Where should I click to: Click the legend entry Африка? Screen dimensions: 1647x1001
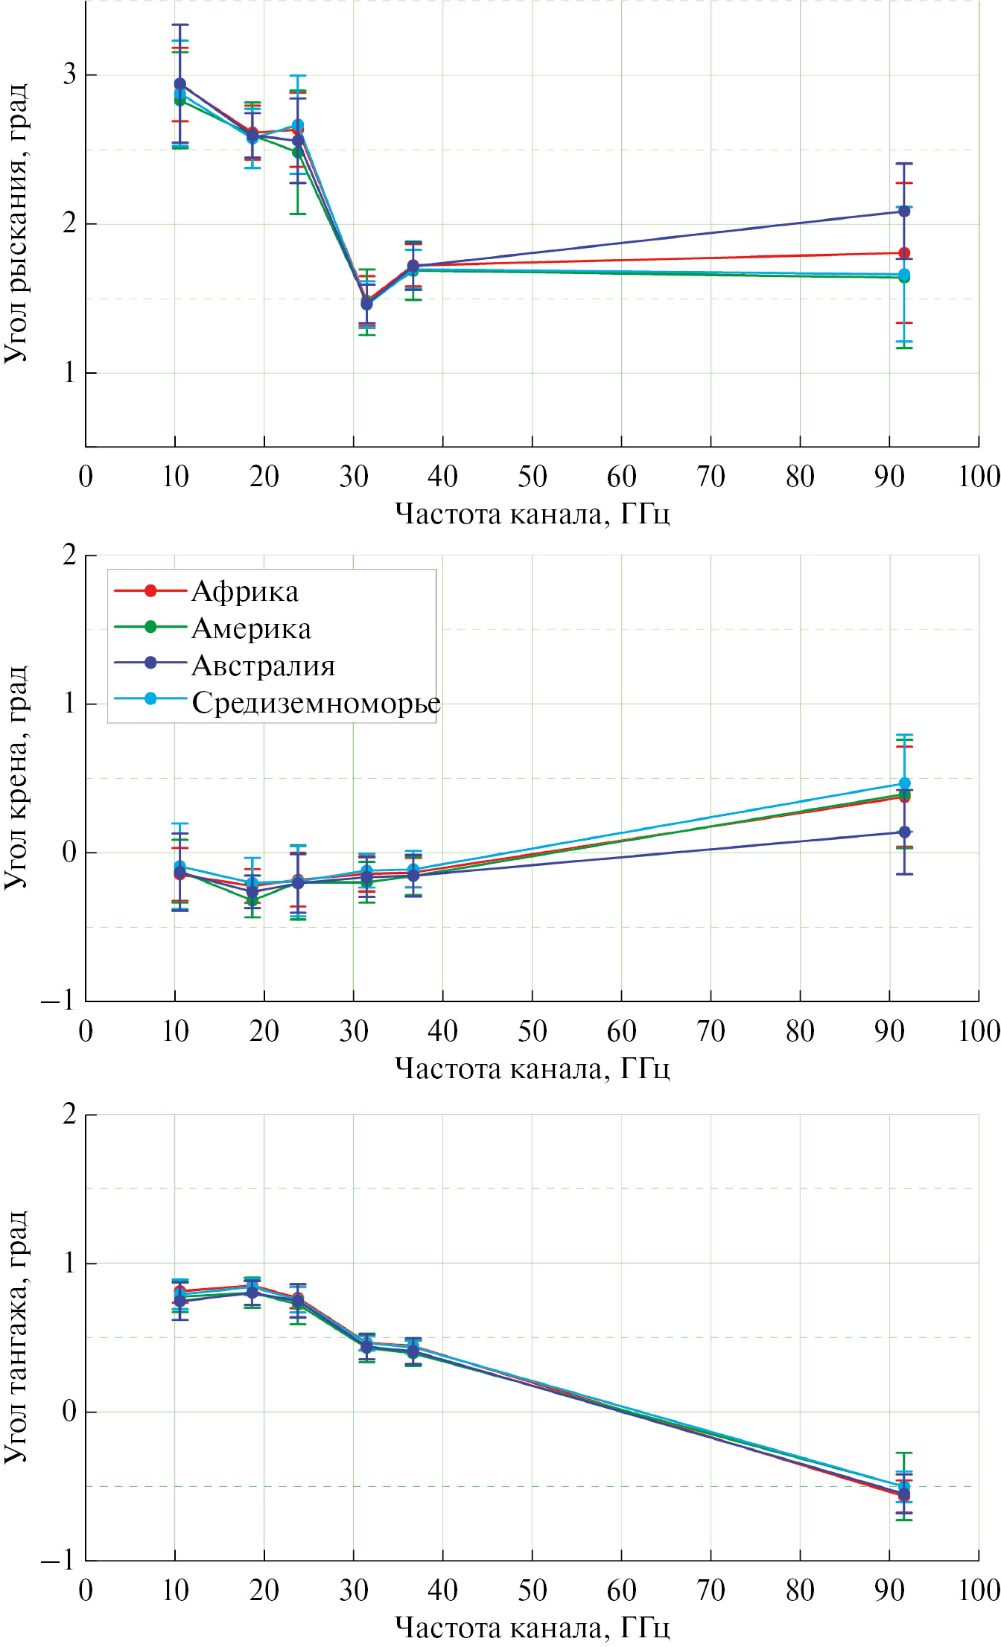245,592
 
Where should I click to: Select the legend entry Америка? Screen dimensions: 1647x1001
251,629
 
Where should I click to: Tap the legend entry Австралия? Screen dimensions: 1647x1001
263,666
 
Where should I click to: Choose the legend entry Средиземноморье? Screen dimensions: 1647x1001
316,702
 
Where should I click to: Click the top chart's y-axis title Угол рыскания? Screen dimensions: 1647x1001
16,223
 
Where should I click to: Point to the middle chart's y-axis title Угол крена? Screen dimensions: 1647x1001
16,777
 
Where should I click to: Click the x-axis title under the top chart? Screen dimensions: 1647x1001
532,514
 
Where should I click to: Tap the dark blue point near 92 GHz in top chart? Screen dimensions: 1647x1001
904,211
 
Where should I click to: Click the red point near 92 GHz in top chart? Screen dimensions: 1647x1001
904,253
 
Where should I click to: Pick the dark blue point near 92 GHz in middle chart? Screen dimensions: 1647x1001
904,832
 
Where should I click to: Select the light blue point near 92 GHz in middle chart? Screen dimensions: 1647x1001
904,783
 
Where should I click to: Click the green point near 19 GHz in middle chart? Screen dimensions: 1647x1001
252,901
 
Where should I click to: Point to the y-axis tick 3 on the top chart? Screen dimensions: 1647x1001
69,74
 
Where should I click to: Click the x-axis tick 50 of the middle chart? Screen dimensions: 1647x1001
532,1031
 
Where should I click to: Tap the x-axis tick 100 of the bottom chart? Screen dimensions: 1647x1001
979,1590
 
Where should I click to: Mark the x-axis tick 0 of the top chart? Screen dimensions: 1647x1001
86,477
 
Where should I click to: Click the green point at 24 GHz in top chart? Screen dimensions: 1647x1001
297,153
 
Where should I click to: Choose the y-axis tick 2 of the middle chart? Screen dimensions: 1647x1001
69,555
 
